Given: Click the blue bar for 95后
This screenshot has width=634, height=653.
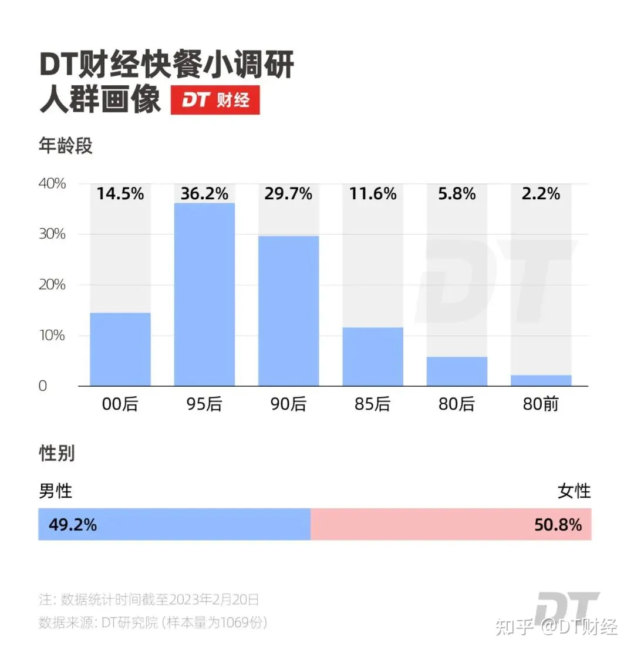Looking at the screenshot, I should (204, 294).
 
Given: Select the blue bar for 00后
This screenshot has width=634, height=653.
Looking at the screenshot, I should (120, 349).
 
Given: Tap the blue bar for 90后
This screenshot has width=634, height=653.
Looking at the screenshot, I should (288, 310).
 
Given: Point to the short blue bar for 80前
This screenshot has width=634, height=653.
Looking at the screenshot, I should (541, 380).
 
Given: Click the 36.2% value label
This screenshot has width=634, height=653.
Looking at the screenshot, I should (204, 193).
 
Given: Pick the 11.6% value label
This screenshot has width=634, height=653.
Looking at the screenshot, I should (372, 193).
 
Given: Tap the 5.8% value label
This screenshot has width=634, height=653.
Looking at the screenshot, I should (457, 193).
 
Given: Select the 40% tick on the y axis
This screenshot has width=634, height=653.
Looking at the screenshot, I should (53, 184).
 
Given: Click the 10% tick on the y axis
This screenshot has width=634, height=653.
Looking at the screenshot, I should (53, 336).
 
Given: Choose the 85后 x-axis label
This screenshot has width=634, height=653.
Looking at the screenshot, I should (372, 404).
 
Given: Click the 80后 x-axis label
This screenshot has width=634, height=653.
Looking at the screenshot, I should (457, 404).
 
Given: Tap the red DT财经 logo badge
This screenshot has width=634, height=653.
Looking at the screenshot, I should (215, 101).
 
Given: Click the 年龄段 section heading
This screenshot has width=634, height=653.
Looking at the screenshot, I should (66, 145).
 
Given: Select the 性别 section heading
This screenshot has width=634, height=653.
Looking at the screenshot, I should (57, 453).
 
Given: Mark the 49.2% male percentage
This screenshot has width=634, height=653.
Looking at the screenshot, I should (73, 524).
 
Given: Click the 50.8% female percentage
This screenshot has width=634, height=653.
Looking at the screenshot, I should (558, 524).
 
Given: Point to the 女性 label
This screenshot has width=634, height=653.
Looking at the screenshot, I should (574, 491).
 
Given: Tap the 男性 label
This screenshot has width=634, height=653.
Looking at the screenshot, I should (56, 491).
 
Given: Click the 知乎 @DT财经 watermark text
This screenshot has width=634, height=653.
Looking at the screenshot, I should (557, 627).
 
